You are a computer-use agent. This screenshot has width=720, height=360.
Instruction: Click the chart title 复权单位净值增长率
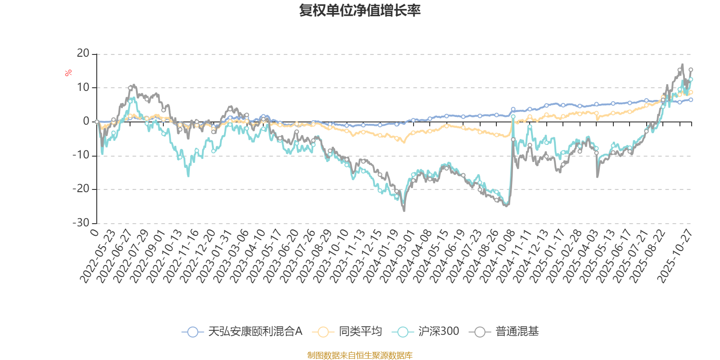(360, 11)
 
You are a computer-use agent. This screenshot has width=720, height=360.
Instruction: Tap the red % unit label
(68, 73)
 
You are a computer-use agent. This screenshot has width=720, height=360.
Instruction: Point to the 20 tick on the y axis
(83, 54)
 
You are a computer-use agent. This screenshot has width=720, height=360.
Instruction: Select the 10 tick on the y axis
(83, 87)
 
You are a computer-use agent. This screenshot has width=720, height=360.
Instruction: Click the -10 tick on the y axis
(81, 155)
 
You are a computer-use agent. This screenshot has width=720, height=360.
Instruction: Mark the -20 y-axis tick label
(81, 189)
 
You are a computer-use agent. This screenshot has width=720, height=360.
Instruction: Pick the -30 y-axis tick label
(81, 223)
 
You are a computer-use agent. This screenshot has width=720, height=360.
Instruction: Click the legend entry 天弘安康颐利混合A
(242, 332)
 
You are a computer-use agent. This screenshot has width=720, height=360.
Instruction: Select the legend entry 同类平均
(350, 332)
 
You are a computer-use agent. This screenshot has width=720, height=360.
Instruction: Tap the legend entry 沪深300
(426, 332)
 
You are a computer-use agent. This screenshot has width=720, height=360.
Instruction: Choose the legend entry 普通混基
(504, 332)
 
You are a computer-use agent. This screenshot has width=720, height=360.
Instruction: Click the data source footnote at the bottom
(360, 355)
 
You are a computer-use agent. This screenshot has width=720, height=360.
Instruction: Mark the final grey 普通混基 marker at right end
(691, 70)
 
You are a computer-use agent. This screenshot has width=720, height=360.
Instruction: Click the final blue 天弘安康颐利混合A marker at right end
(691, 100)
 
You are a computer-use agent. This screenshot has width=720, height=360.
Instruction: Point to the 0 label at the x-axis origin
(94, 232)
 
